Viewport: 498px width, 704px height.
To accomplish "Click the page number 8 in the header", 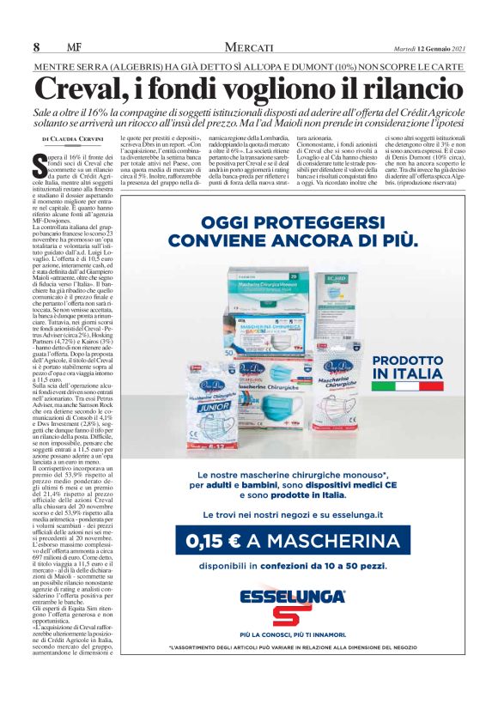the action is [x=37, y=46].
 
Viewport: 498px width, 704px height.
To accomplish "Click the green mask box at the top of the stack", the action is [x=273, y=279].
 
